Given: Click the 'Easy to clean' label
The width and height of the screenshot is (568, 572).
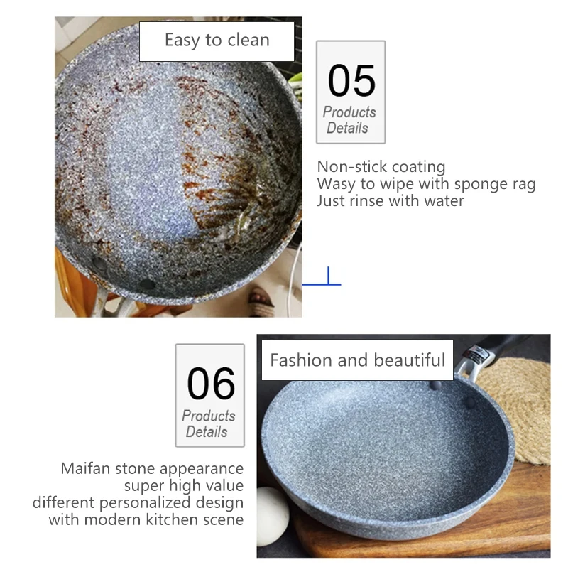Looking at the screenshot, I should (217, 41).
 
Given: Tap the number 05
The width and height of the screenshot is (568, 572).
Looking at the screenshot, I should (351, 80).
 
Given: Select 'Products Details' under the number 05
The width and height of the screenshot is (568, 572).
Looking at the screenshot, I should (349, 120).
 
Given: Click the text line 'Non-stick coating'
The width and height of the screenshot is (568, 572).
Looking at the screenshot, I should (381, 167).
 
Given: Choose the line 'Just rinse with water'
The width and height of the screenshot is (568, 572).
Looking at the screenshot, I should (390, 201).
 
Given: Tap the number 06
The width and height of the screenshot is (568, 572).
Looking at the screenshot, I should (210, 384).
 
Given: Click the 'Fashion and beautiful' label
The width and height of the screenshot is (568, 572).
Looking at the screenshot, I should (357, 360).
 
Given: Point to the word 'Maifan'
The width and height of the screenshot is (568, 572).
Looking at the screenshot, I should (87, 469).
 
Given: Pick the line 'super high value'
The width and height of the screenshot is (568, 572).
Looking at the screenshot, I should (183, 486).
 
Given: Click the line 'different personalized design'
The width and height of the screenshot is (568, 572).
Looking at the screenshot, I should (138, 503).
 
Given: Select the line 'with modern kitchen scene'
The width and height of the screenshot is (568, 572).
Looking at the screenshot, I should (146, 520).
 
